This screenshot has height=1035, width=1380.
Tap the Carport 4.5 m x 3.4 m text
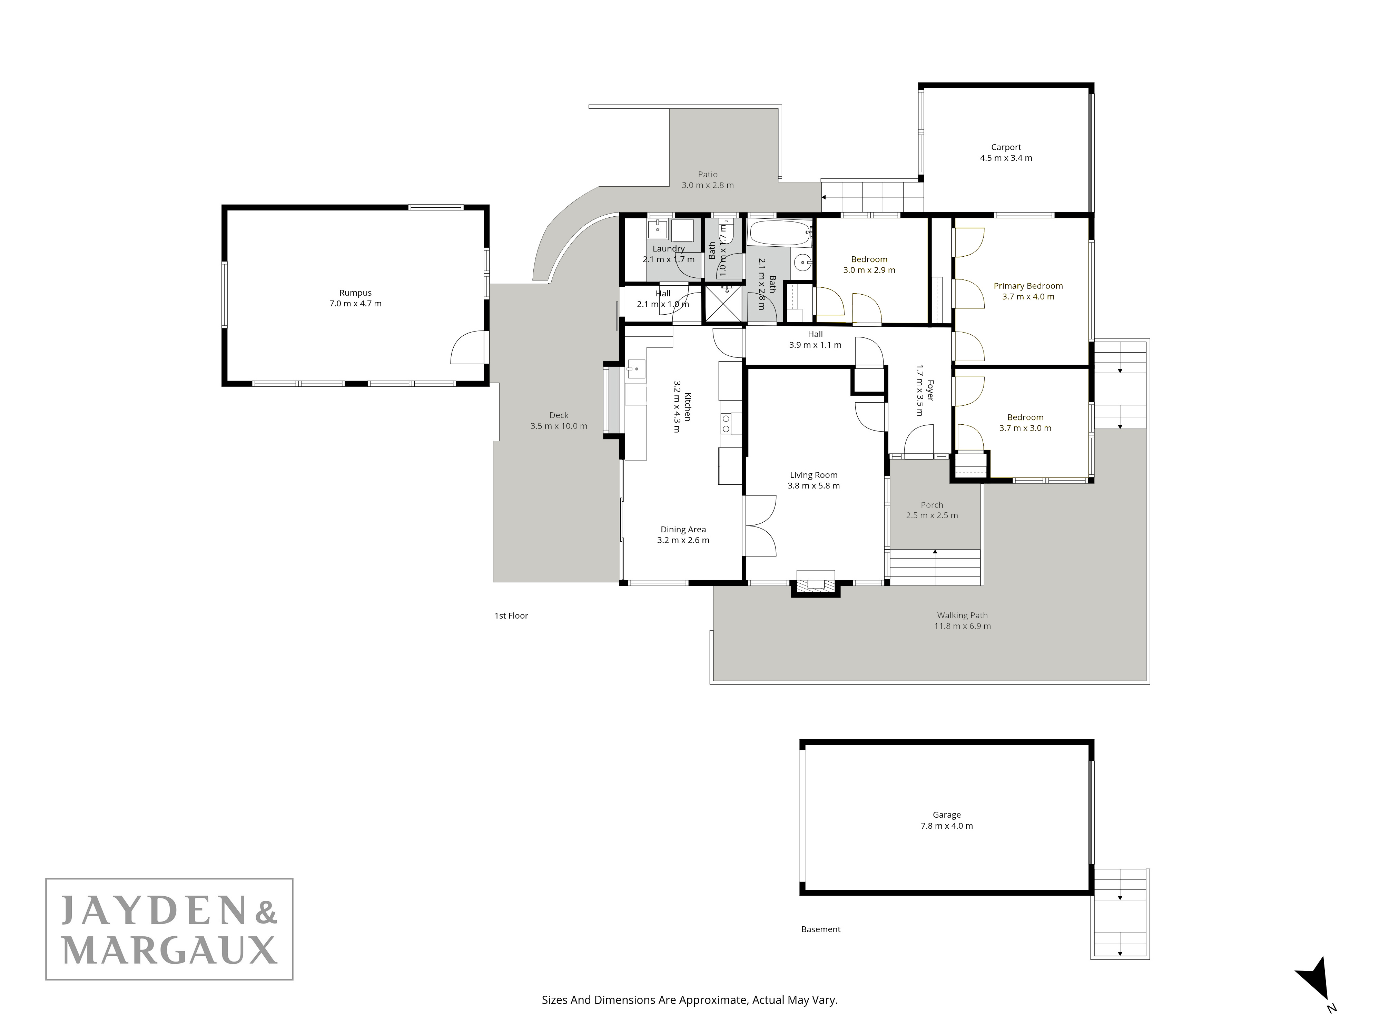tap(1006, 153)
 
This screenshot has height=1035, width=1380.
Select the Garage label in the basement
tap(946, 815)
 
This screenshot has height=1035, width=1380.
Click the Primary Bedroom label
tap(1028, 286)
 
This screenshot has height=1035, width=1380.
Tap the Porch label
tap(932, 505)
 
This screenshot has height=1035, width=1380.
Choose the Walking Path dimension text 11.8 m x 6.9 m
tap(962, 626)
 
